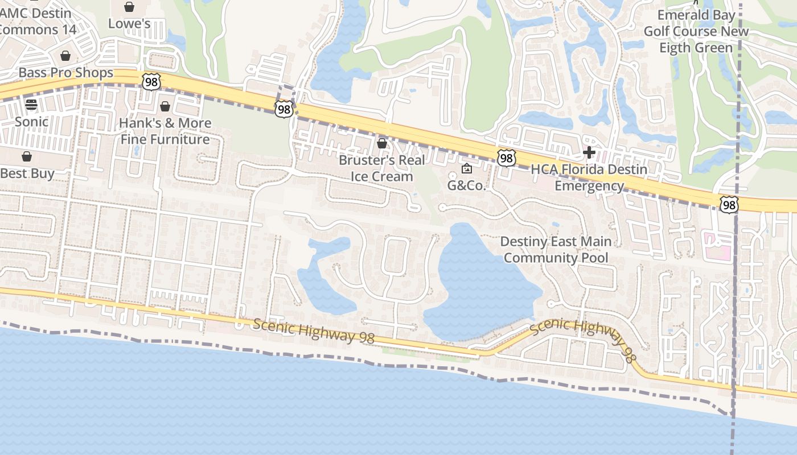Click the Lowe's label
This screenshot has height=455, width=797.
point(129,24)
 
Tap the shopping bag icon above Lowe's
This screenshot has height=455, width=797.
point(129,7)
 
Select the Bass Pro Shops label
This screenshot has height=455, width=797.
point(66,73)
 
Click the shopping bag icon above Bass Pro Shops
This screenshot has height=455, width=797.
point(65,56)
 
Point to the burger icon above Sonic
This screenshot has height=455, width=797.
point(31,105)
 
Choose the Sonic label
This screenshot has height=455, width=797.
point(31,122)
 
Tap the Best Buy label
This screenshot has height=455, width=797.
point(27,173)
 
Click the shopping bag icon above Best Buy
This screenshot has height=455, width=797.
point(27,156)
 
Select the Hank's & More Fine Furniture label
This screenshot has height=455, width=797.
point(165,131)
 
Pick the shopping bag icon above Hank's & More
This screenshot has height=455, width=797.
point(165,106)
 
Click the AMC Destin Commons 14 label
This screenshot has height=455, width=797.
point(38,22)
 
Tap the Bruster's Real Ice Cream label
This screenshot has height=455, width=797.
point(382,168)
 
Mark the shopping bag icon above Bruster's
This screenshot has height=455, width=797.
point(382,143)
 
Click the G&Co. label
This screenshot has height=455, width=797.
point(467,185)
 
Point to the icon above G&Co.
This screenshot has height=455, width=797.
point(467,168)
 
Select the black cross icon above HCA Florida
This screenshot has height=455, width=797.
point(589,152)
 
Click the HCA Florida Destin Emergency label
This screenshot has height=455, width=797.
point(589,177)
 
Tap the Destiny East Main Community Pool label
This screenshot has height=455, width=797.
point(556,250)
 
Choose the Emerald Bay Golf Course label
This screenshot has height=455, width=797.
point(696,31)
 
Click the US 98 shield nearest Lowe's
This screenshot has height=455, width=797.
point(151,82)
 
